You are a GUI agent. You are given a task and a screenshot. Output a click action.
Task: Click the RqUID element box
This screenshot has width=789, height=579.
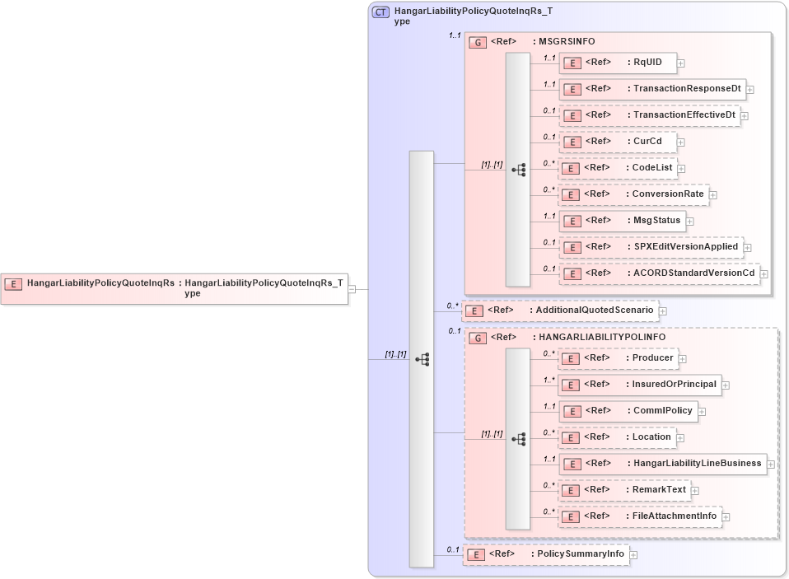(618, 63)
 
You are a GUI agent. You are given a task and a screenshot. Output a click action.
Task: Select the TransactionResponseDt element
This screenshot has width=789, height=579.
(652, 89)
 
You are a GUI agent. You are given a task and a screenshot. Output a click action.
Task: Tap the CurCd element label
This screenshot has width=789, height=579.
(647, 142)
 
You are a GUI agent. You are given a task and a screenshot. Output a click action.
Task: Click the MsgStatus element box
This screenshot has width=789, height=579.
(623, 221)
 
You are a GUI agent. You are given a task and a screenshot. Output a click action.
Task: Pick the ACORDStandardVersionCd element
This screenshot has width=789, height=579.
(660, 273)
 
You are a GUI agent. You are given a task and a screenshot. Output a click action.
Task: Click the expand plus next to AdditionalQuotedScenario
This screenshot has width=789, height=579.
(663, 311)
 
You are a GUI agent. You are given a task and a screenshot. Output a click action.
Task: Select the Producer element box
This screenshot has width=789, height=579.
(618, 358)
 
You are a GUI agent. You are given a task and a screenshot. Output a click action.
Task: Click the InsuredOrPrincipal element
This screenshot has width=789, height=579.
(639, 385)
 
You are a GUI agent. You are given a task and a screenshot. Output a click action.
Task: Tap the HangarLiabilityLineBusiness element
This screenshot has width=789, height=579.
(662, 464)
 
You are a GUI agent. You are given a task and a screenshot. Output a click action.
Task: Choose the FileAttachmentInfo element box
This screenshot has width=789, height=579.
(639, 516)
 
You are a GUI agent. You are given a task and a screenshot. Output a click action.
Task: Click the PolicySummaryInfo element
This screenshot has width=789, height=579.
(545, 554)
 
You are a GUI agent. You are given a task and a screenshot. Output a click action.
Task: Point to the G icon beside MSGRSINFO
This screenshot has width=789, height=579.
(477, 42)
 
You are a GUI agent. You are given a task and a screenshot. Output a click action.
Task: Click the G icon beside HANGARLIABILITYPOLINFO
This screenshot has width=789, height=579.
(477, 338)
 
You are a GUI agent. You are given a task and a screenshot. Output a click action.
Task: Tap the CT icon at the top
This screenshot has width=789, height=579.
(381, 12)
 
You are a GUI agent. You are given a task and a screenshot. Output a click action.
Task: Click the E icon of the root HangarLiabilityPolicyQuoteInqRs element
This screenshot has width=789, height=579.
(13, 283)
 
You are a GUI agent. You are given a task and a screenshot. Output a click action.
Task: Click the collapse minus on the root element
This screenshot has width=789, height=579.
(352, 289)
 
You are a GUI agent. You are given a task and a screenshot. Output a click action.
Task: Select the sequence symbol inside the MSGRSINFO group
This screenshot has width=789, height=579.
(519, 170)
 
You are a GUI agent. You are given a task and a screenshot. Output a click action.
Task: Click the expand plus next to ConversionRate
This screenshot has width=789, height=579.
(713, 195)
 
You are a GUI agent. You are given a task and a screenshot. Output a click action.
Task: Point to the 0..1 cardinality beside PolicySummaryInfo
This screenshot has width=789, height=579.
(453, 549)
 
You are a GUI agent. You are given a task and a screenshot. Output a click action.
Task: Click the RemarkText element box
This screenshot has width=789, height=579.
(623, 490)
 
